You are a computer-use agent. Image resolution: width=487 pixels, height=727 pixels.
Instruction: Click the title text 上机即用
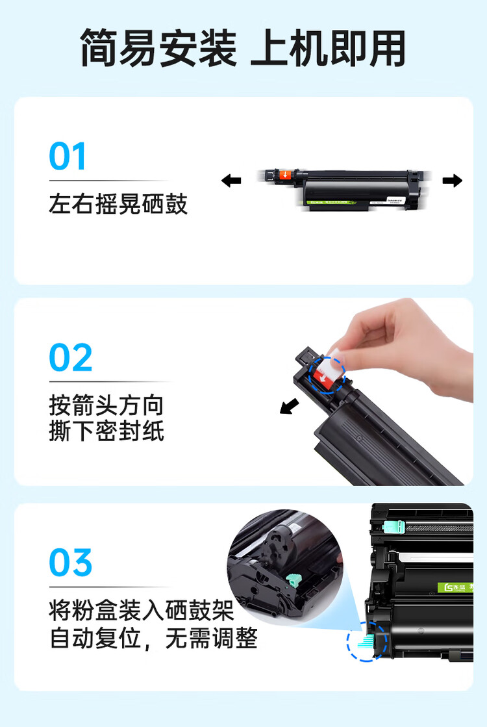pos(328,48)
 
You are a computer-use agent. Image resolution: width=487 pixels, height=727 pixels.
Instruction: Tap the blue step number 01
pos(68,157)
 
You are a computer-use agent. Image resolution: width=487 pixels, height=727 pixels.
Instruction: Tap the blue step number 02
pos(71,358)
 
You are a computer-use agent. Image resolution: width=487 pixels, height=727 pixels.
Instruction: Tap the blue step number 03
pos(71,563)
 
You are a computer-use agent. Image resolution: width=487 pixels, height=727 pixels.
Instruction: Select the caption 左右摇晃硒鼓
pos(118,204)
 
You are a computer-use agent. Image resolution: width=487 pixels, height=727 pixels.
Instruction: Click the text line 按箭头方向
pos(106,406)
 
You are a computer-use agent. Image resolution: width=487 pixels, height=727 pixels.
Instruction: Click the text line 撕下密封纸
pos(106,431)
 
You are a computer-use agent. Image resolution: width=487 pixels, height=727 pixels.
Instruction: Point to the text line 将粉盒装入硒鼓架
pos(141,611)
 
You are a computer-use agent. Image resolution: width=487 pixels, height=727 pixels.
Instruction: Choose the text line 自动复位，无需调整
pos(154,639)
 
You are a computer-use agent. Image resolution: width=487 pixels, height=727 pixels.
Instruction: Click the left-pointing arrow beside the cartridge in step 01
pos(231,181)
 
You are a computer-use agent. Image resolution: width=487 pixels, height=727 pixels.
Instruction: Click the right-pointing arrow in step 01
pos(452,181)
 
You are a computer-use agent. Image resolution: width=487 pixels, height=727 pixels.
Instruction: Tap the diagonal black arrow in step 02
pos(289,406)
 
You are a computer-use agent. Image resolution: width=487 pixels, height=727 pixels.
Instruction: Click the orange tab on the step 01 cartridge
pos(286,175)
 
